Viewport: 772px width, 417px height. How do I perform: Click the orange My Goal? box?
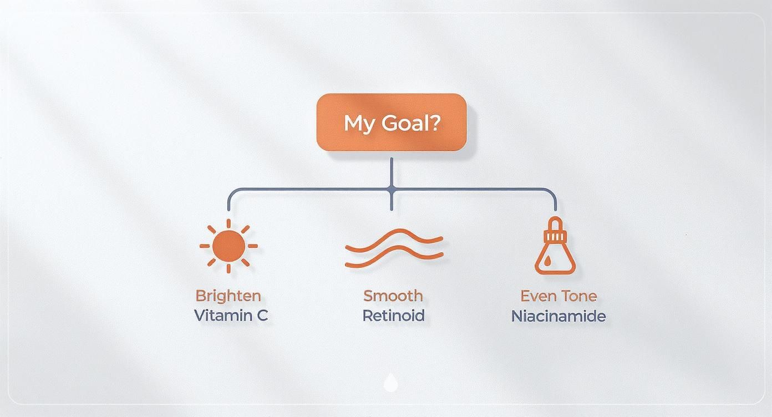(391, 122)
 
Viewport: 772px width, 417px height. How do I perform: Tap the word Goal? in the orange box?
(410, 123)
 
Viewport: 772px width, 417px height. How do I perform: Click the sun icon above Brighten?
(228, 245)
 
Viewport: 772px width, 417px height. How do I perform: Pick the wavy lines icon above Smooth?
(393, 248)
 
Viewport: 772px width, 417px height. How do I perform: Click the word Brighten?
(228, 296)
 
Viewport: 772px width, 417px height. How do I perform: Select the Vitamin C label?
(231, 316)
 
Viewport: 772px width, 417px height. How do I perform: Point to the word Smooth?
(393, 296)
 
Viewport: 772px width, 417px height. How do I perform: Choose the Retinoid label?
(393, 316)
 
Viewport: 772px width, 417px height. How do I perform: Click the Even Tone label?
(558, 296)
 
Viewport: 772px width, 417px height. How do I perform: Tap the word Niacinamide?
(558, 316)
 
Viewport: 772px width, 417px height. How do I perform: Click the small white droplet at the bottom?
(391, 383)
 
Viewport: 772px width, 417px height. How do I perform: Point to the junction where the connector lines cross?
(392, 189)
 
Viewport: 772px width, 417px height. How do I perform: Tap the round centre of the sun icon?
(228, 245)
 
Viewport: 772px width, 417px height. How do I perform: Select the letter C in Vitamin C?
(262, 316)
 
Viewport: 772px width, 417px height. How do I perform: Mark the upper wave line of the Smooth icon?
(393, 238)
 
